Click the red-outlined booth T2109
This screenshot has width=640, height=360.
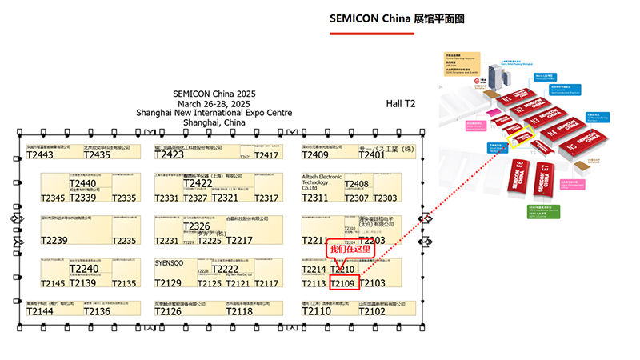[x=343, y=283]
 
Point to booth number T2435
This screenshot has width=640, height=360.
[x=97, y=155]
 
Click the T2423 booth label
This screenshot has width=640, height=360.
[x=170, y=155]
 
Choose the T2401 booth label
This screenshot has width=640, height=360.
[x=372, y=155]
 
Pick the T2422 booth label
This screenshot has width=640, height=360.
[x=198, y=184]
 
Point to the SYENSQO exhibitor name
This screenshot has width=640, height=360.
[x=170, y=262]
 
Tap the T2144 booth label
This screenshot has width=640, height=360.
[x=40, y=312]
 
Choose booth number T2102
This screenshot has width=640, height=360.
[x=372, y=312]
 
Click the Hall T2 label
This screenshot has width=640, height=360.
[x=401, y=104]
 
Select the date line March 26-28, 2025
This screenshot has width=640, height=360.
[x=214, y=104]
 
